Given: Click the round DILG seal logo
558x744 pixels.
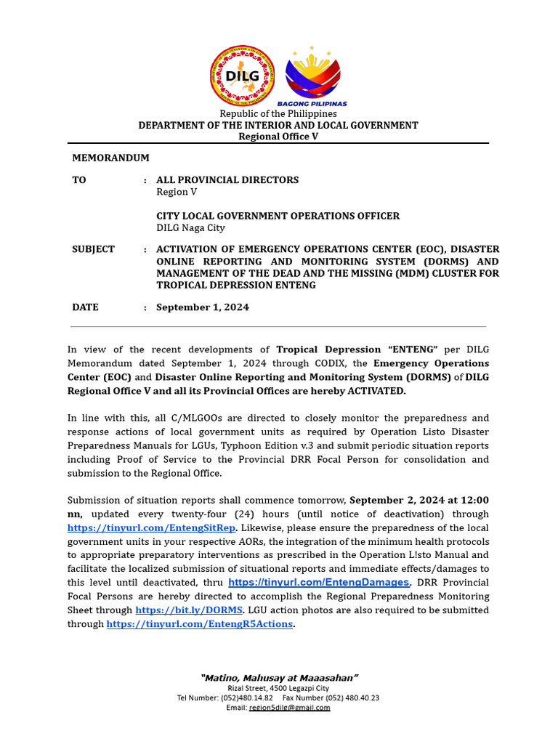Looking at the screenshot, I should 242,76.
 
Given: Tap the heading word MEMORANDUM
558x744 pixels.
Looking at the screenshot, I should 110,158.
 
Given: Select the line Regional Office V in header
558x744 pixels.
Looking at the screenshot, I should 278,137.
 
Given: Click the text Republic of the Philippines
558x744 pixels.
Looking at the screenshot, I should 278,113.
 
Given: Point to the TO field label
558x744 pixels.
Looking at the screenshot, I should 78,179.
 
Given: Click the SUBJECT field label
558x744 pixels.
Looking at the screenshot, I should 93,249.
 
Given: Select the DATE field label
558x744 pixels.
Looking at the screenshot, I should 85,307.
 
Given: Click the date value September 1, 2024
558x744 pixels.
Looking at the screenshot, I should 203,307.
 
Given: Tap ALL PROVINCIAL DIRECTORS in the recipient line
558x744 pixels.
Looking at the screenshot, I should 227,179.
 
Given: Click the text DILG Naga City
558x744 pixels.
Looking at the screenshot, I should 190,227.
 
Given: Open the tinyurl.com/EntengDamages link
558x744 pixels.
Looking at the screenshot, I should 319,583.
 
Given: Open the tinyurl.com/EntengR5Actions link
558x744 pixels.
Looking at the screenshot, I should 200,624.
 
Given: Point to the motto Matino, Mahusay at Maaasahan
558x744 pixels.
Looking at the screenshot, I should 279,678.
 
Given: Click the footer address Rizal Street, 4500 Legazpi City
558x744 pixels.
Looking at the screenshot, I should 278,688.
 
